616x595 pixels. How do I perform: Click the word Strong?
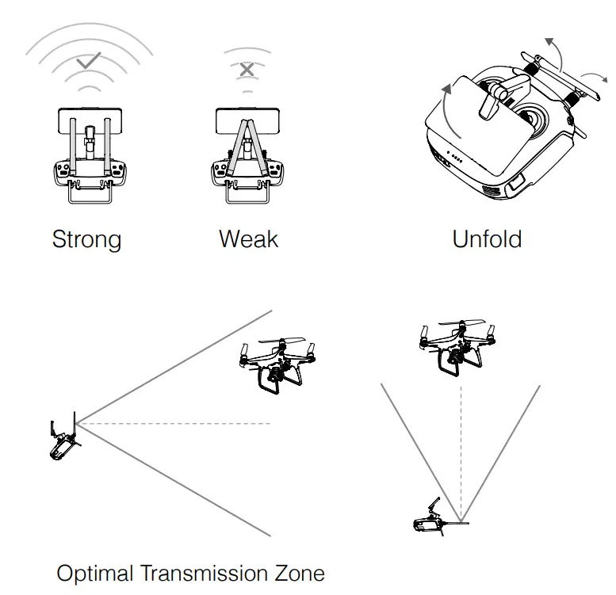coord(86,239)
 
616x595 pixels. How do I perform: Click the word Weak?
coord(248,238)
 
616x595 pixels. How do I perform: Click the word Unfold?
coord(486,238)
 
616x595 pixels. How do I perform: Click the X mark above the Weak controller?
coord(247,70)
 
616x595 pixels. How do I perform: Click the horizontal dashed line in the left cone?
coord(174,424)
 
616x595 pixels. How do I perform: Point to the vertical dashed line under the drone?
coord(459,444)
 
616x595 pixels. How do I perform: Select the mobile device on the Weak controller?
coord(247,123)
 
